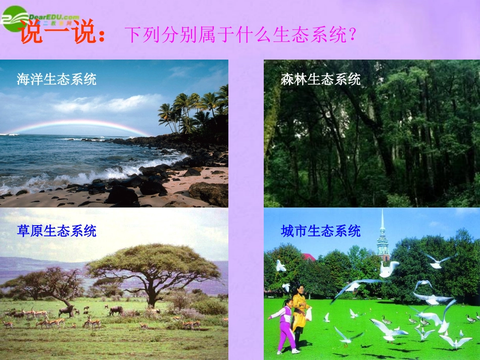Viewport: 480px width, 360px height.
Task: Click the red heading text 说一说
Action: pyautogui.click(x=61, y=33)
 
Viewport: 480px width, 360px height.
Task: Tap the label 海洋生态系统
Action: pyautogui.click(x=57, y=79)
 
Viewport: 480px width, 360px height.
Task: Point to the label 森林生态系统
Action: pyautogui.click(x=321, y=79)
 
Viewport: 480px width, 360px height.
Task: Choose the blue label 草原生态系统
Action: pyautogui.click(x=57, y=231)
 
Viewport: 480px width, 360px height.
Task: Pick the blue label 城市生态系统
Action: pyautogui.click(x=321, y=231)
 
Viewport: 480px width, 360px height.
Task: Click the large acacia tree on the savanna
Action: pyautogui.click(x=152, y=268)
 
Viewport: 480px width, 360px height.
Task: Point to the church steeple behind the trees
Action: pyautogui.click(x=382, y=237)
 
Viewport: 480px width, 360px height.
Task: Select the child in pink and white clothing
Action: pyautogui.click(x=286, y=326)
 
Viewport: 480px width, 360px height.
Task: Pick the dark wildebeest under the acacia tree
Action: pyautogui.click(x=116, y=310)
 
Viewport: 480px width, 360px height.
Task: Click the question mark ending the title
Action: pyautogui.click(x=353, y=35)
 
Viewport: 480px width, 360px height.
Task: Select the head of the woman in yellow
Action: pyautogui.click(x=299, y=290)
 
